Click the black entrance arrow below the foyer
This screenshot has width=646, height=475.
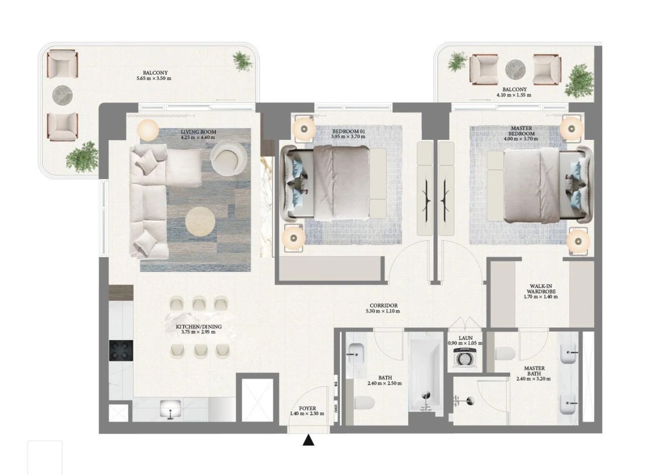308,441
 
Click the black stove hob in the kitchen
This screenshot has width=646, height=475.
121,349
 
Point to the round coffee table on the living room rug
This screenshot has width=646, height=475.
200,222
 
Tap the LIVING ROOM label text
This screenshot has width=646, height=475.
198,132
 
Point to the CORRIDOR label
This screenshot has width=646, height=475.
384,305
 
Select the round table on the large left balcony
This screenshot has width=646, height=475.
63,94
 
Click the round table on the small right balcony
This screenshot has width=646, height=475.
515,69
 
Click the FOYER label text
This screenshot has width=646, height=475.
307,408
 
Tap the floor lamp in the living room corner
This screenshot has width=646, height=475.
148,130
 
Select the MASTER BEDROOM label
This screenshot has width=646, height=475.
521,131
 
